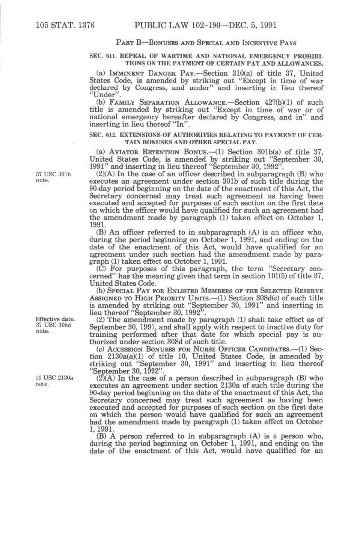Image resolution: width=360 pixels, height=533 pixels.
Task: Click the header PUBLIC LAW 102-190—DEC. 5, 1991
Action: point(205,26)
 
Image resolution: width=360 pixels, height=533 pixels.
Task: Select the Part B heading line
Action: point(206,43)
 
